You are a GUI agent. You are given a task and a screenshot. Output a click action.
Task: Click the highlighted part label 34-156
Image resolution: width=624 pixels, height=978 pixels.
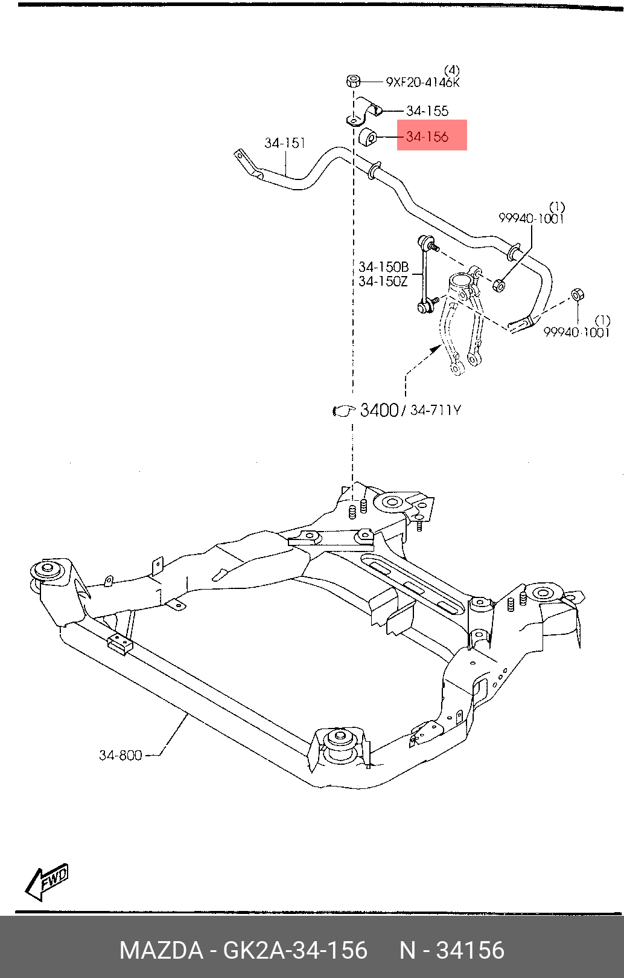tap(427, 137)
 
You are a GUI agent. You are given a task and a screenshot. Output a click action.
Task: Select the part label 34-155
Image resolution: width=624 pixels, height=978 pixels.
tap(427, 111)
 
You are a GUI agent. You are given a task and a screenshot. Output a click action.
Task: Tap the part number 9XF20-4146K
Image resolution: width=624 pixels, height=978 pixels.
tap(422, 82)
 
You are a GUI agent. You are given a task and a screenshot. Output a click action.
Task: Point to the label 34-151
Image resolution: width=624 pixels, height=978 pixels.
tap(285, 143)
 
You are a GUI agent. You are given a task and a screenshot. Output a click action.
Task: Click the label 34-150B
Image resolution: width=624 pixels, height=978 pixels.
tap(384, 266)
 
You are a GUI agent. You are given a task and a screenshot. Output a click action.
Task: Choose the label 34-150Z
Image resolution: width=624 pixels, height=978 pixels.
tap(383, 281)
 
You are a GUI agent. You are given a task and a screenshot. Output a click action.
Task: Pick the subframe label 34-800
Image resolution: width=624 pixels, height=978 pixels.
tap(120, 755)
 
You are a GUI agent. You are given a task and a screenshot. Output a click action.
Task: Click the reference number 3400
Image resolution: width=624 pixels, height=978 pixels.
tap(379, 410)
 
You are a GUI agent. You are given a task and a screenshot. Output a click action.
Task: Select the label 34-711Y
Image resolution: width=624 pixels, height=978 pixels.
tap(435, 410)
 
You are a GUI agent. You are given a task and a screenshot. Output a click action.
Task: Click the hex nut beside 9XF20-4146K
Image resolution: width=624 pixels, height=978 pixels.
tap(353, 81)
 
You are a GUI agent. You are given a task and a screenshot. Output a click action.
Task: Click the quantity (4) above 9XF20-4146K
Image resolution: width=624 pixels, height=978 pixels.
tap(452, 70)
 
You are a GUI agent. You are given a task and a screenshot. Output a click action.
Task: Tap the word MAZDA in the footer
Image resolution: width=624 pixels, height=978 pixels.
tap(161, 950)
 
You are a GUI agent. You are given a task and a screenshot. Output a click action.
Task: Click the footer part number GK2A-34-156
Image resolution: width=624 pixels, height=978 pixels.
tap(295, 950)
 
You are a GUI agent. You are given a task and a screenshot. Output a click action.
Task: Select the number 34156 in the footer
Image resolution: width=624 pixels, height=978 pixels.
tap(471, 950)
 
